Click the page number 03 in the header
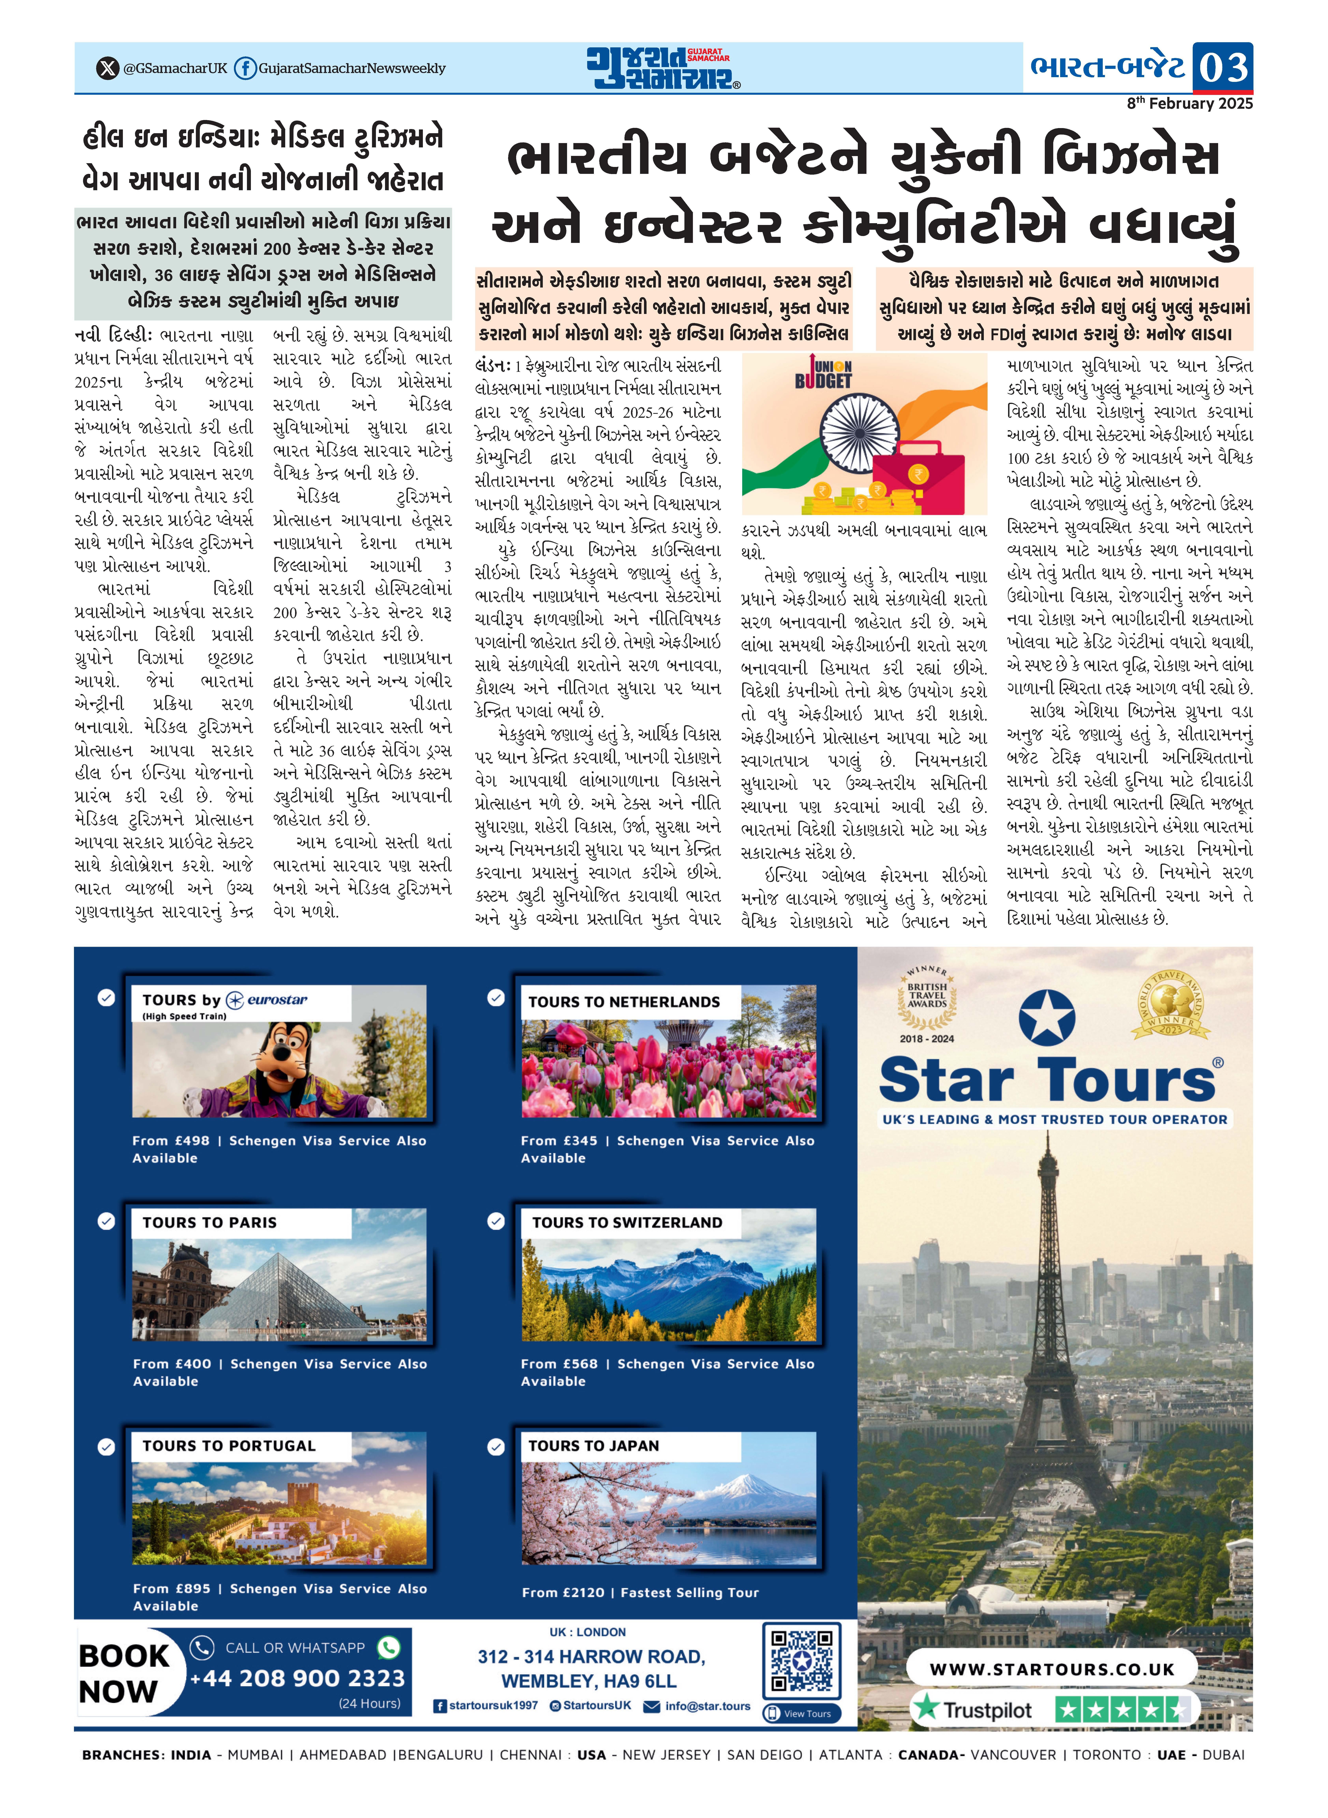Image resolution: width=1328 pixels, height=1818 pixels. coord(1223,67)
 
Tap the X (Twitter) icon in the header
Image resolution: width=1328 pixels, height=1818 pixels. coord(107,68)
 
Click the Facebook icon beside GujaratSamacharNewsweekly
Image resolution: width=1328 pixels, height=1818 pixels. coord(245,68)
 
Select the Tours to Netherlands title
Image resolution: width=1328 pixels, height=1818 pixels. coord(624,1002)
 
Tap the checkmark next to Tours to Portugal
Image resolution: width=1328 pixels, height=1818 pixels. coord(106,1446)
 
